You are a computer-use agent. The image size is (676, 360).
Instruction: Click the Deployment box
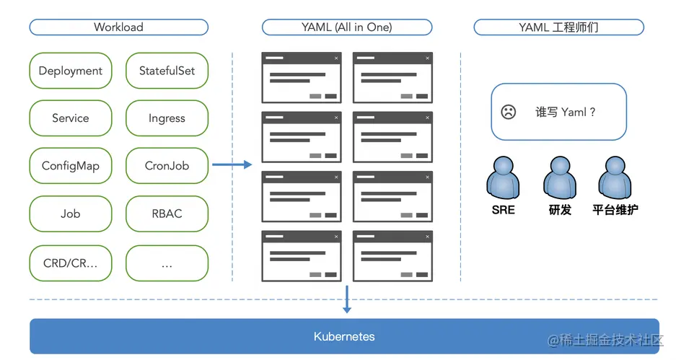[71, 71]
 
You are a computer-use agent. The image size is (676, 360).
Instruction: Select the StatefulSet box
[167, 71]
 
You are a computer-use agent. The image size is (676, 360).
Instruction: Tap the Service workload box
[71, 118]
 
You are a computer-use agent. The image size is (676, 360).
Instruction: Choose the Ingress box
[167, 118]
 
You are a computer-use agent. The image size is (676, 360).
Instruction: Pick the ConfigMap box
[71, 166]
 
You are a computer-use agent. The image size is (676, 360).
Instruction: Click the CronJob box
[167, 166]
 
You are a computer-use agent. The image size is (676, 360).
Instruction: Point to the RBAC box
[167, 214]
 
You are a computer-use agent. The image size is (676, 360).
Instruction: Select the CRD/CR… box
[71, 263]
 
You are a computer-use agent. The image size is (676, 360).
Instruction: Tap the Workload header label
[118, 27]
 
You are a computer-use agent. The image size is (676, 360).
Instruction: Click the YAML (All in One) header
[346, 27]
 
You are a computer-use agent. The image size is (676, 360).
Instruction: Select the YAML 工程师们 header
[558, 27]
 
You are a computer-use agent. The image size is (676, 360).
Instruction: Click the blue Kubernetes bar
[344, 336]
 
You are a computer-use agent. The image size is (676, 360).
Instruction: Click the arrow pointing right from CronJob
[232, 165]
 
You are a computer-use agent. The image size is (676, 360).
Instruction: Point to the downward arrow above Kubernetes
[347, 299]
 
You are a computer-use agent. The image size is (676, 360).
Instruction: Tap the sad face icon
[509, 112]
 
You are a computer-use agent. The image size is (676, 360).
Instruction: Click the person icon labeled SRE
[503, 177]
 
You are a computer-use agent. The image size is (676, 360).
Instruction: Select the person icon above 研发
[560, 177]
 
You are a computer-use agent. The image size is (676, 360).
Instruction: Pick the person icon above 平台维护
[615, 177]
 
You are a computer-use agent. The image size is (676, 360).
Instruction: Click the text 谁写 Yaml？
[566, 112]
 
